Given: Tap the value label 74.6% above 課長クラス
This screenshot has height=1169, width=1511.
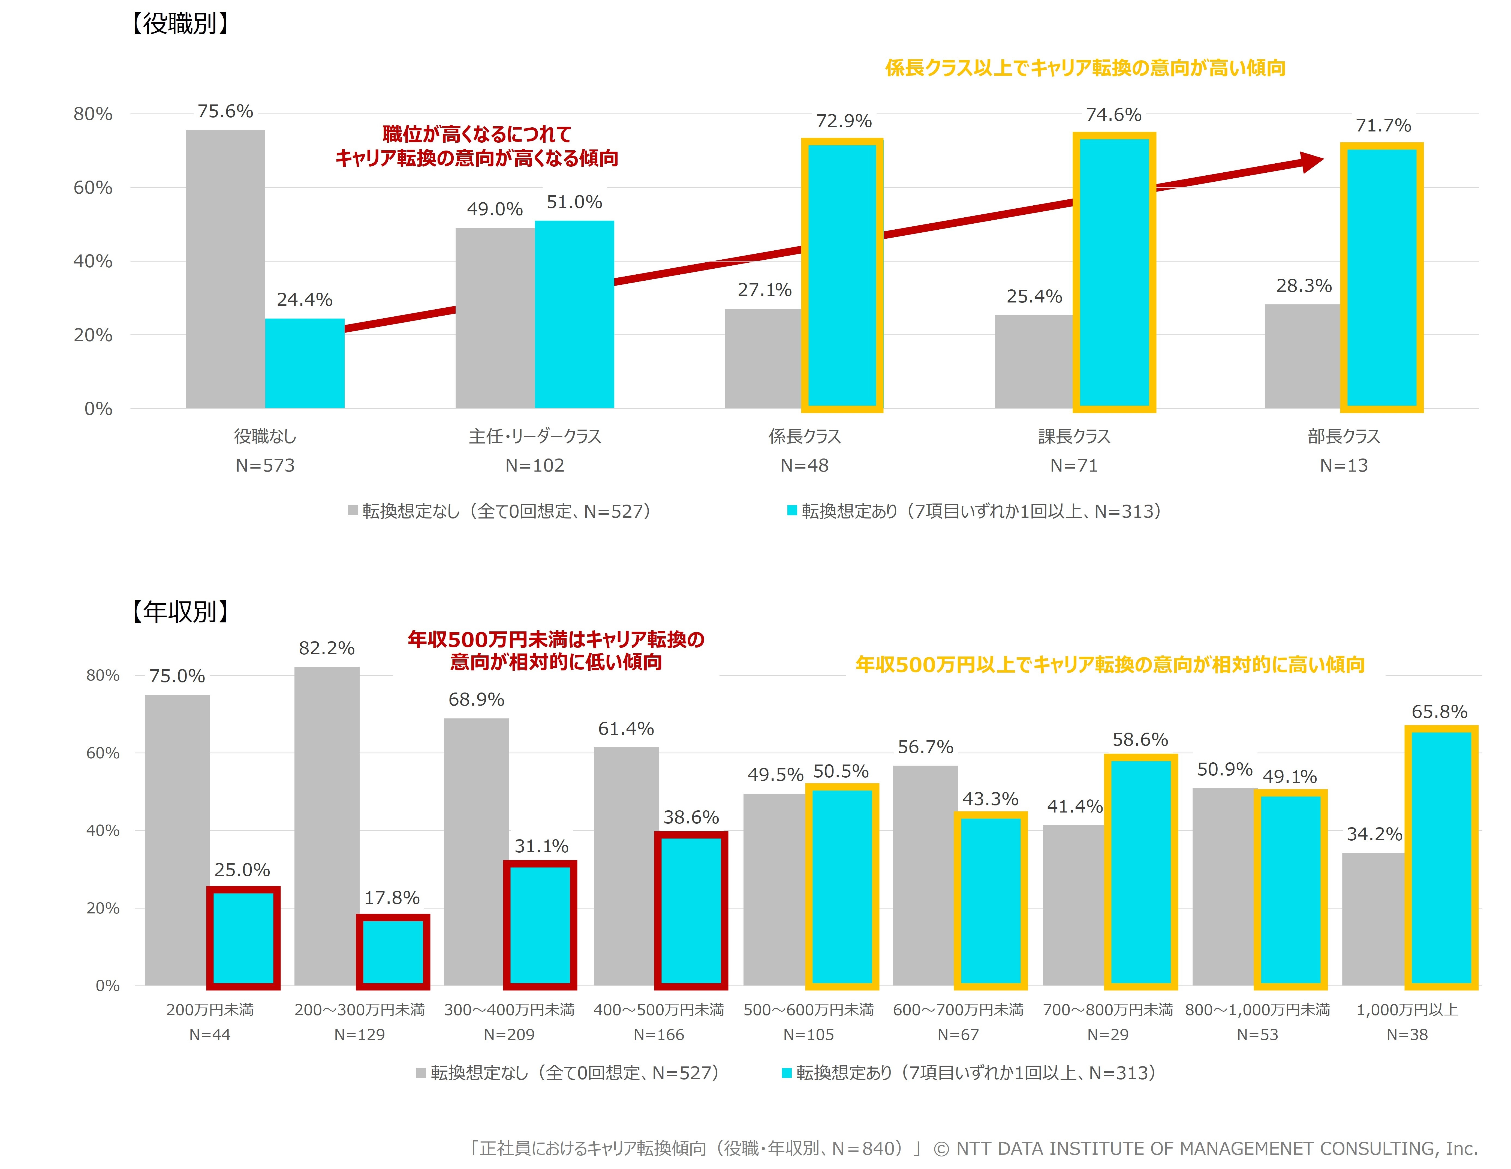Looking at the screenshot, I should tap(1113, 115).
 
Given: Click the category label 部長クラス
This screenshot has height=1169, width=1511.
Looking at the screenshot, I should tap(1344, 437).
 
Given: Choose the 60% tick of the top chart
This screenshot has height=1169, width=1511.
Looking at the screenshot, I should tap(93, 188).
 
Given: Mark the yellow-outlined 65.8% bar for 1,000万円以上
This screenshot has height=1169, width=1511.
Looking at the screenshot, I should tap(1440, 857).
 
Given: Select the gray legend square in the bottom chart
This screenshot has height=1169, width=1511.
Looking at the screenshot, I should tap(421, 1073).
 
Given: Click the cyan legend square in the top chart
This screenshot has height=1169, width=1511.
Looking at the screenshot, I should tap(792, 511).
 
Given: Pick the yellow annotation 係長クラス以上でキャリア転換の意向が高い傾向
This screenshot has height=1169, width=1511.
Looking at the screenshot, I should tap(1085, 68).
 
